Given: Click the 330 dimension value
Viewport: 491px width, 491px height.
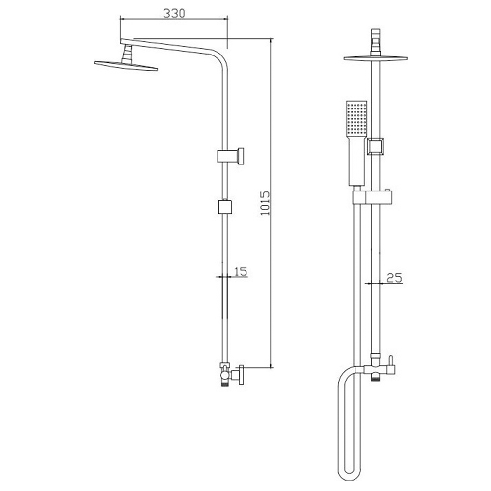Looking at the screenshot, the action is pos(174,13).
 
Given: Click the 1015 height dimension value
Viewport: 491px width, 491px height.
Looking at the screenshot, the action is pos(265,203).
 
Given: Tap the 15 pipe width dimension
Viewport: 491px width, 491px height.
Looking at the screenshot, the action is pos(241,272).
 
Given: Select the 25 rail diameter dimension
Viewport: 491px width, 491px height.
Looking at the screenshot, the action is pos(394,278).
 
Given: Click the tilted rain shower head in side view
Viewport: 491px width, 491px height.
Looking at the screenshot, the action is pos(126,65).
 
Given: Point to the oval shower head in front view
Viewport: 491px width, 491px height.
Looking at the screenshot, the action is pos(376,58).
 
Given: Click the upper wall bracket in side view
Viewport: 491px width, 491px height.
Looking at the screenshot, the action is pos(230,156).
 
